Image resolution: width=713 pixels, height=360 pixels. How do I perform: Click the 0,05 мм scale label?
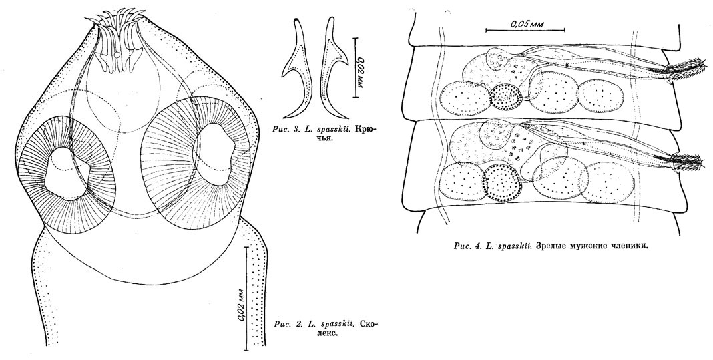coord(527,23)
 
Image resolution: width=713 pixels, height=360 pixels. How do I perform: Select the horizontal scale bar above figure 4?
coord(526,30)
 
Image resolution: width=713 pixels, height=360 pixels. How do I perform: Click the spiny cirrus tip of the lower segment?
coord(684,159)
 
